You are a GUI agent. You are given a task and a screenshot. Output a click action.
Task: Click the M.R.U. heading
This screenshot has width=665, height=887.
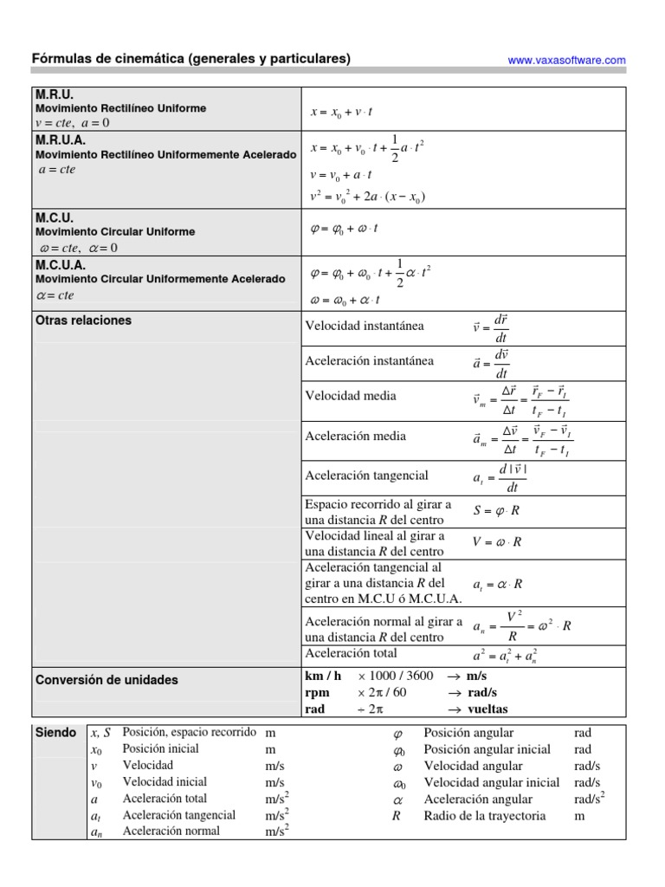pos(55,94)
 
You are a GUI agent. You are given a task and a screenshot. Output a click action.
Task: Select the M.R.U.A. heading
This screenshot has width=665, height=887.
pos(61,139)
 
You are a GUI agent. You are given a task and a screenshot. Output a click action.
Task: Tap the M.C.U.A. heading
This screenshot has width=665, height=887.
pos(61,265)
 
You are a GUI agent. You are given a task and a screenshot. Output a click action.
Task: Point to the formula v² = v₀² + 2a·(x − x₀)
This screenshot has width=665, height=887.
pos(367,197)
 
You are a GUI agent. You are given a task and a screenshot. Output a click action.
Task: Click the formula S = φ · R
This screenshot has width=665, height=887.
pos(496,510)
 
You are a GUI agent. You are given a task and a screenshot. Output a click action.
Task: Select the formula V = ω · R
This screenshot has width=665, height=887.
pos(497,542)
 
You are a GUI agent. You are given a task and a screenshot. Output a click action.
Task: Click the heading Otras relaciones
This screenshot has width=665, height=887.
pos(83,320)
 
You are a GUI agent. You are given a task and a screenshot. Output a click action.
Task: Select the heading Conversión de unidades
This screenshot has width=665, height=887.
pos(107,680)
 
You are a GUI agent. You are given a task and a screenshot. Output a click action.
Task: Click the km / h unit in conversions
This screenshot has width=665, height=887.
pos(323,676)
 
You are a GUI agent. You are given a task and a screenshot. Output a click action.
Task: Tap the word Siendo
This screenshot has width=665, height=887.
pos(56,733)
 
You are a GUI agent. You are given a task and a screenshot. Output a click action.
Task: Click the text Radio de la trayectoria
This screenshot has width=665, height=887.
pos(485,815)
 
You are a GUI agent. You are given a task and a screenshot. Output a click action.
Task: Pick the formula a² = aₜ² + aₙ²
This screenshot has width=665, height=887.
pos(505,655)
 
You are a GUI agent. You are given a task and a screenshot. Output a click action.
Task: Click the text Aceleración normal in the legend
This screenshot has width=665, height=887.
pos(171,832)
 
